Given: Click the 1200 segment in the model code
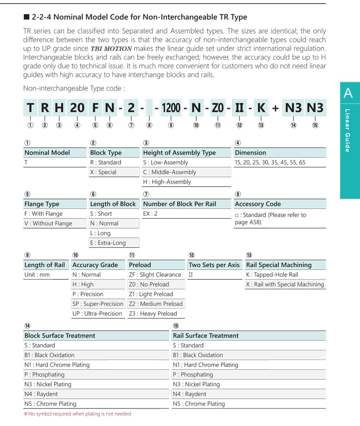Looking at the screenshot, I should click(x=171, y=108).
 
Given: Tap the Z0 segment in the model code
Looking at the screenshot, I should click(x=218, y=108).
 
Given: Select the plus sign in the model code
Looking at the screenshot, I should click(x=275, y=108).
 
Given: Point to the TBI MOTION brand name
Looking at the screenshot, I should click(x=111, y=49).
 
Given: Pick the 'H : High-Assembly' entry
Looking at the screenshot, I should click(x=167, y=182).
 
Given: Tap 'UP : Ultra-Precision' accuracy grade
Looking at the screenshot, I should click(x=97, y=314).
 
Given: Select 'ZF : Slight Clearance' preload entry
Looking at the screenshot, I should click(x=155, y=275).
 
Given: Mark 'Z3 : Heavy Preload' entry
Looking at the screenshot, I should click(x=153, y=314).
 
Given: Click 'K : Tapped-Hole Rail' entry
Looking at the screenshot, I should click(x=272, y=275).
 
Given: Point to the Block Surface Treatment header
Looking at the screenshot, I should click(x=60, y=336).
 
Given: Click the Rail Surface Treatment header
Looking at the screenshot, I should click(x=206, y=336).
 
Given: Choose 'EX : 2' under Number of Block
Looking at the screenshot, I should click(x=150, y=214).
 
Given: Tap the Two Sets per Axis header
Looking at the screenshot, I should click(x=214, y=265).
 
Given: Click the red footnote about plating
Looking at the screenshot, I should click(x=78, y=414).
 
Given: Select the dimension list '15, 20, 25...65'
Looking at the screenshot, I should click(x=270, y=162).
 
